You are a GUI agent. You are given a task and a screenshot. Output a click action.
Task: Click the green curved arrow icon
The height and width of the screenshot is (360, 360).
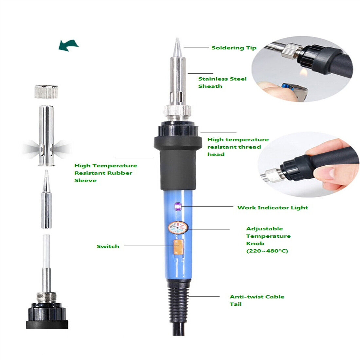[68, 45]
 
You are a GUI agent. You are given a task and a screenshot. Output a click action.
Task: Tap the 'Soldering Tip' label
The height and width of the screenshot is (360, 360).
[234, 48]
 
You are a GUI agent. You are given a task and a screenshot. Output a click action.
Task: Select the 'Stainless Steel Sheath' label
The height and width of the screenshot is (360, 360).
[222, 82]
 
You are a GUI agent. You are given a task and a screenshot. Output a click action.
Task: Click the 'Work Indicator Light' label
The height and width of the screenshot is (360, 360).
[273, 207]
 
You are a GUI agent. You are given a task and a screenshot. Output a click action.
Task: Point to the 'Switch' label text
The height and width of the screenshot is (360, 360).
[108, 246]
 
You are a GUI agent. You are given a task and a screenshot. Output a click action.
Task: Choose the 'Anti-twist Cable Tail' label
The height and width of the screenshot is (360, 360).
[257, 300]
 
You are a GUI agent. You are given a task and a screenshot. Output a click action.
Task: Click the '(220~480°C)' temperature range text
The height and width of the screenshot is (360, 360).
[267, 251]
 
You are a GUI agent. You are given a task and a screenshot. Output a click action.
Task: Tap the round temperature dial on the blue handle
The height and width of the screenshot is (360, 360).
[178, 227]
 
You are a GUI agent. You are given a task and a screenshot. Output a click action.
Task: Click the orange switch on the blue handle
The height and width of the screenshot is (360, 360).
[178, 247]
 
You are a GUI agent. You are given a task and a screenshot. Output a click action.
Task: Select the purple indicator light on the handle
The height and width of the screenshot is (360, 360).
[178, 207]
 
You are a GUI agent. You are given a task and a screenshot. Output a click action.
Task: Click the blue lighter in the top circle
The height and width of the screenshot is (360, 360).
[293, 91]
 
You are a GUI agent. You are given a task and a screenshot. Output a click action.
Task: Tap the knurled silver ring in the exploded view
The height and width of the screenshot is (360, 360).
[46, 92]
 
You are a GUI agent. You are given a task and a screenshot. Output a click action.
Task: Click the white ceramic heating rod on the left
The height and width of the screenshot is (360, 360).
[46, 251]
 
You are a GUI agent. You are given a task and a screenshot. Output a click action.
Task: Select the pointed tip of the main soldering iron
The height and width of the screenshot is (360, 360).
[177, 38]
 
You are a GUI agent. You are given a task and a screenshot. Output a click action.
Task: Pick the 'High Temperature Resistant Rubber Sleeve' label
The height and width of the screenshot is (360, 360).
[106, 173]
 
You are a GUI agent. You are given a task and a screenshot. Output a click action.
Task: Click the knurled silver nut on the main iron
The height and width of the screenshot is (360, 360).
[177, 110]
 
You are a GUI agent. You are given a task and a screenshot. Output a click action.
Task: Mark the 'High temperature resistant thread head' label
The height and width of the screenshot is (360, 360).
[238, 147]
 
